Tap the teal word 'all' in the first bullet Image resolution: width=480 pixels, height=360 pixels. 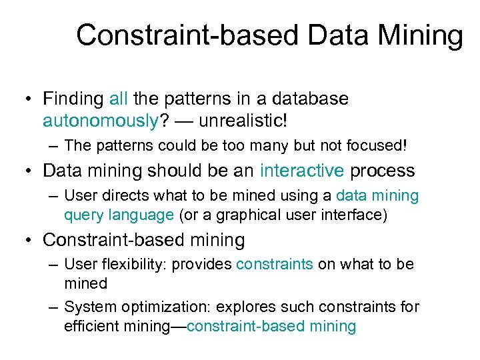(118, 99)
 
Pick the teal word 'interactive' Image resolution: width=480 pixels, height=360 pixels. (302, 171)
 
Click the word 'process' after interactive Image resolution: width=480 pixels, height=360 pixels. (383, 171)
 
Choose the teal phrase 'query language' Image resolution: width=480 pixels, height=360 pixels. (119, 215)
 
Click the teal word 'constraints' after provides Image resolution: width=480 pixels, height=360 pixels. (274, 264)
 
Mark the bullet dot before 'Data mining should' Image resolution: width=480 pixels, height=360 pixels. (30, 171)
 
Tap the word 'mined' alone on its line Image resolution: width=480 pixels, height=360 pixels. (85, 283)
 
